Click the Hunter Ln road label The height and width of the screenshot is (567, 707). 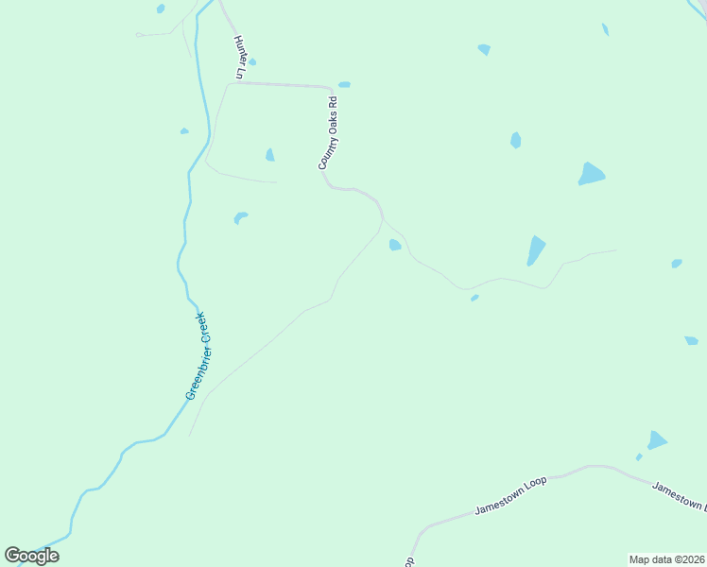point(240,58)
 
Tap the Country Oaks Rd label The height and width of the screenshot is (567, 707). point(327,133)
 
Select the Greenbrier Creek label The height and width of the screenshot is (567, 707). point(200,356)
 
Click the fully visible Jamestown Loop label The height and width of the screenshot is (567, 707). point(510,495)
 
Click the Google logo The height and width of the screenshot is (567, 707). point(31,556)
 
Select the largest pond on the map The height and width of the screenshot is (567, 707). point(591,174)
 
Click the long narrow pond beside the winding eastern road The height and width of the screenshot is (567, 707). point(536,249)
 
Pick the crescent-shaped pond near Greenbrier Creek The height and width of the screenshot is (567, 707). point(240,218)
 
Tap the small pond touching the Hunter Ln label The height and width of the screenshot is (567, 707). point(251,62)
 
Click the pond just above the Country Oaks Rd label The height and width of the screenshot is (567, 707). point(344,84)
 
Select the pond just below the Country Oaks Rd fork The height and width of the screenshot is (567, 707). point(394,245)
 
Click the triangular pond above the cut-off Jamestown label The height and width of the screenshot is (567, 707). point(657,440)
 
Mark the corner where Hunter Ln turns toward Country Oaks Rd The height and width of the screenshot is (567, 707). point(228,83)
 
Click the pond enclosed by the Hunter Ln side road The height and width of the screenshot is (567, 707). point(270,155)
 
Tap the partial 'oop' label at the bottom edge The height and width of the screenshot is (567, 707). point(409,561)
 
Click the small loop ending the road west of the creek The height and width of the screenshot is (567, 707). point(139,35)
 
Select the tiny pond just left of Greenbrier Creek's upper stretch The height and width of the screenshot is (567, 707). point(184,131)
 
